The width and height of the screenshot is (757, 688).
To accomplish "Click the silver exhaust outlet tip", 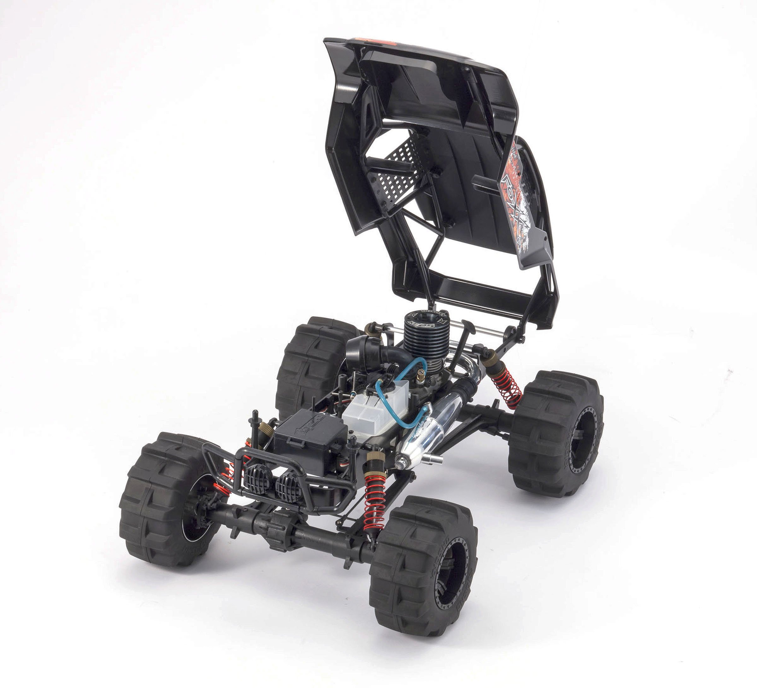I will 435,459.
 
